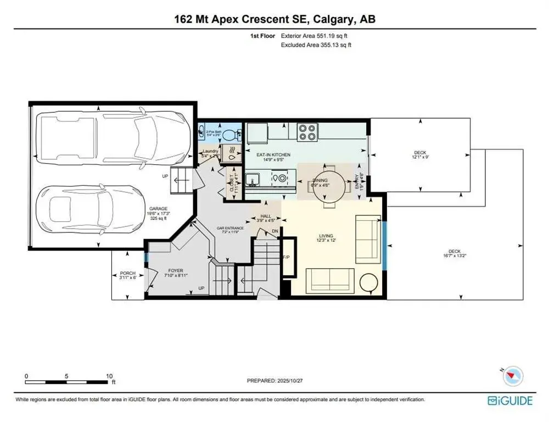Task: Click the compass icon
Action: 514,375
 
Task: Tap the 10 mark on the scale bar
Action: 109,376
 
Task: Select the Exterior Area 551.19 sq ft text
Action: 315,35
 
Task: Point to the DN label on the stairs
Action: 275,232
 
